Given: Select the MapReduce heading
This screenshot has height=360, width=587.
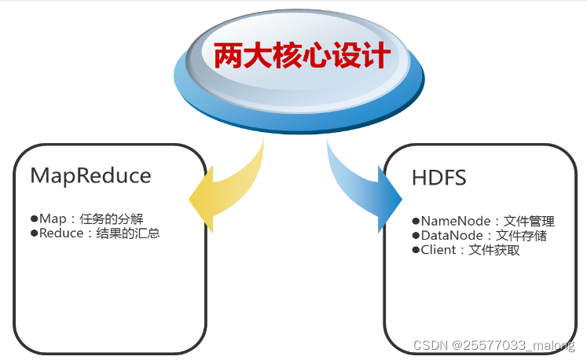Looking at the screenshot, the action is pyautogui.click(x=90, y=175).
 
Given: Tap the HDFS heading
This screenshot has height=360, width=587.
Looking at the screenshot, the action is pyautogui.click(x=438, y=178).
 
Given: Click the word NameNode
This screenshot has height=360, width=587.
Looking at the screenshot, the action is pyautogui.click(x=451, y=222).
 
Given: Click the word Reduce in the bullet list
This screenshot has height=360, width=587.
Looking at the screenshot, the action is pyautogui.click(x=61, y=233).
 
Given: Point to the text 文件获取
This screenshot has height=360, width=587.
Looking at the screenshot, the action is pyautogui.click(x=494, y=250).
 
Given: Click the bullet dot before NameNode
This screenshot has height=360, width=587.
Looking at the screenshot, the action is pyautogui.click(x=416, y=222).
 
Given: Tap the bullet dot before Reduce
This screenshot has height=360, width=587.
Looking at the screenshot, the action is pyautogui.click(x=34, y=233).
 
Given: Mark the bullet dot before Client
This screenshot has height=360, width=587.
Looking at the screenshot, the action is pyautogui.click(x=416, y=250).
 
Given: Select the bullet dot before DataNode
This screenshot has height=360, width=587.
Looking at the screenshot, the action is pyautogui.click(x=416, y=236).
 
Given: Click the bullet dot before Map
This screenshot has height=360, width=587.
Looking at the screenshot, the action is pyautogui.click(x=34, y=219).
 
